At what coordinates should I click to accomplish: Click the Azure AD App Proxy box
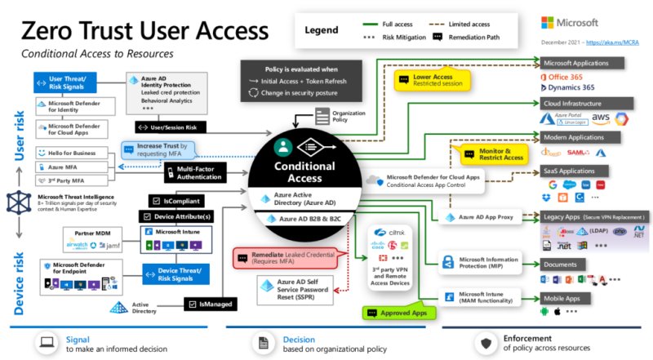(x=483, y=218)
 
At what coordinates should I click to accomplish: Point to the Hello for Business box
(x=73, y=153)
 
